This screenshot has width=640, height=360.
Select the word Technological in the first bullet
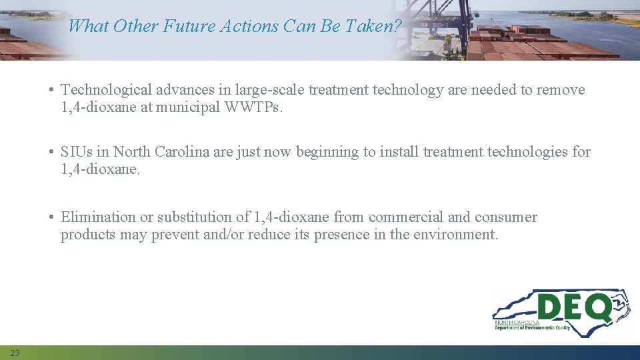[x=105, y=90]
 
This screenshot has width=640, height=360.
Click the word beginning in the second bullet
[x=327, y=152]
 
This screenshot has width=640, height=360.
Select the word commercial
[x=405, y=217]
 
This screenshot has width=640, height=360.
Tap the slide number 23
[x=15, y=353]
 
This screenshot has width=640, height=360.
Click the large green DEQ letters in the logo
[x=573, y=308]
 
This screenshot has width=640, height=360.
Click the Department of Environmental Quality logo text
[x=532, y=327]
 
